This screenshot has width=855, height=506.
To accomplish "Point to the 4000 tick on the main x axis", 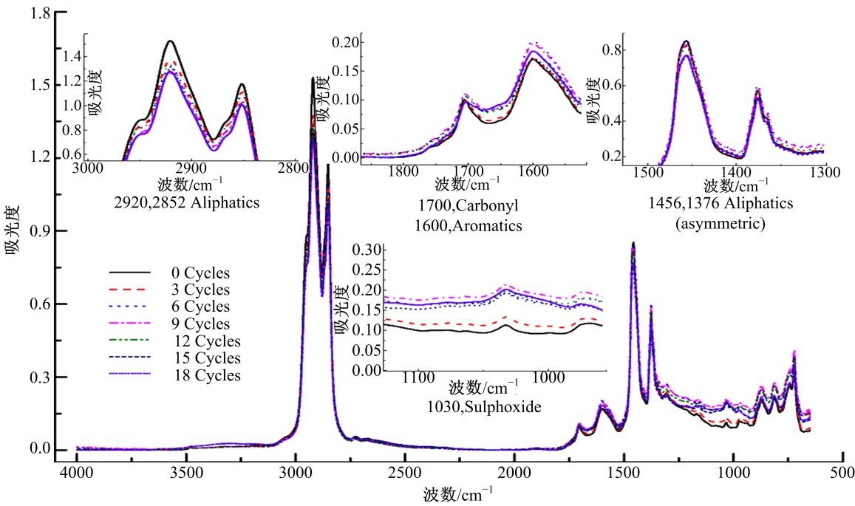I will [77, 473].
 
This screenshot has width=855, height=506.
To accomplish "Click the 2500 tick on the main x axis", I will [406, 473].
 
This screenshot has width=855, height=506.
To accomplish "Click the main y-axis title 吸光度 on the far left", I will [13, 231].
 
